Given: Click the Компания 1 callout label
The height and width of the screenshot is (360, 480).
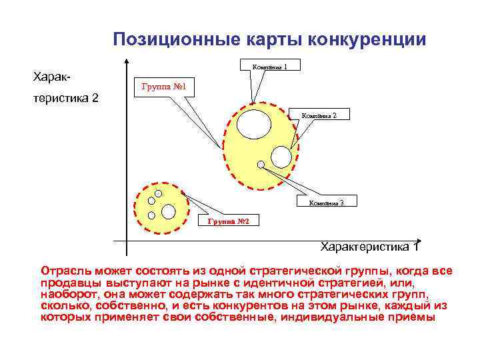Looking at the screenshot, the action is coord(269,66).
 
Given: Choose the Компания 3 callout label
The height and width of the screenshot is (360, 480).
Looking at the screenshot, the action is coord(325,203).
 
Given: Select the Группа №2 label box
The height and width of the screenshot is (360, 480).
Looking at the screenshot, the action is coord(228,221).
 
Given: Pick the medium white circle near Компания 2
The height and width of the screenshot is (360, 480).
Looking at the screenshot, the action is coord(281,157).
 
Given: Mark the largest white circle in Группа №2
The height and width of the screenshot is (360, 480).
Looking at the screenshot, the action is coord(169,212).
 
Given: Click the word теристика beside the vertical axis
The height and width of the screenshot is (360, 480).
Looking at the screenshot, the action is coord(66,98).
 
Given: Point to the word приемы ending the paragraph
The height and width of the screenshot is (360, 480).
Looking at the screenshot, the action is coord(413,317).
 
